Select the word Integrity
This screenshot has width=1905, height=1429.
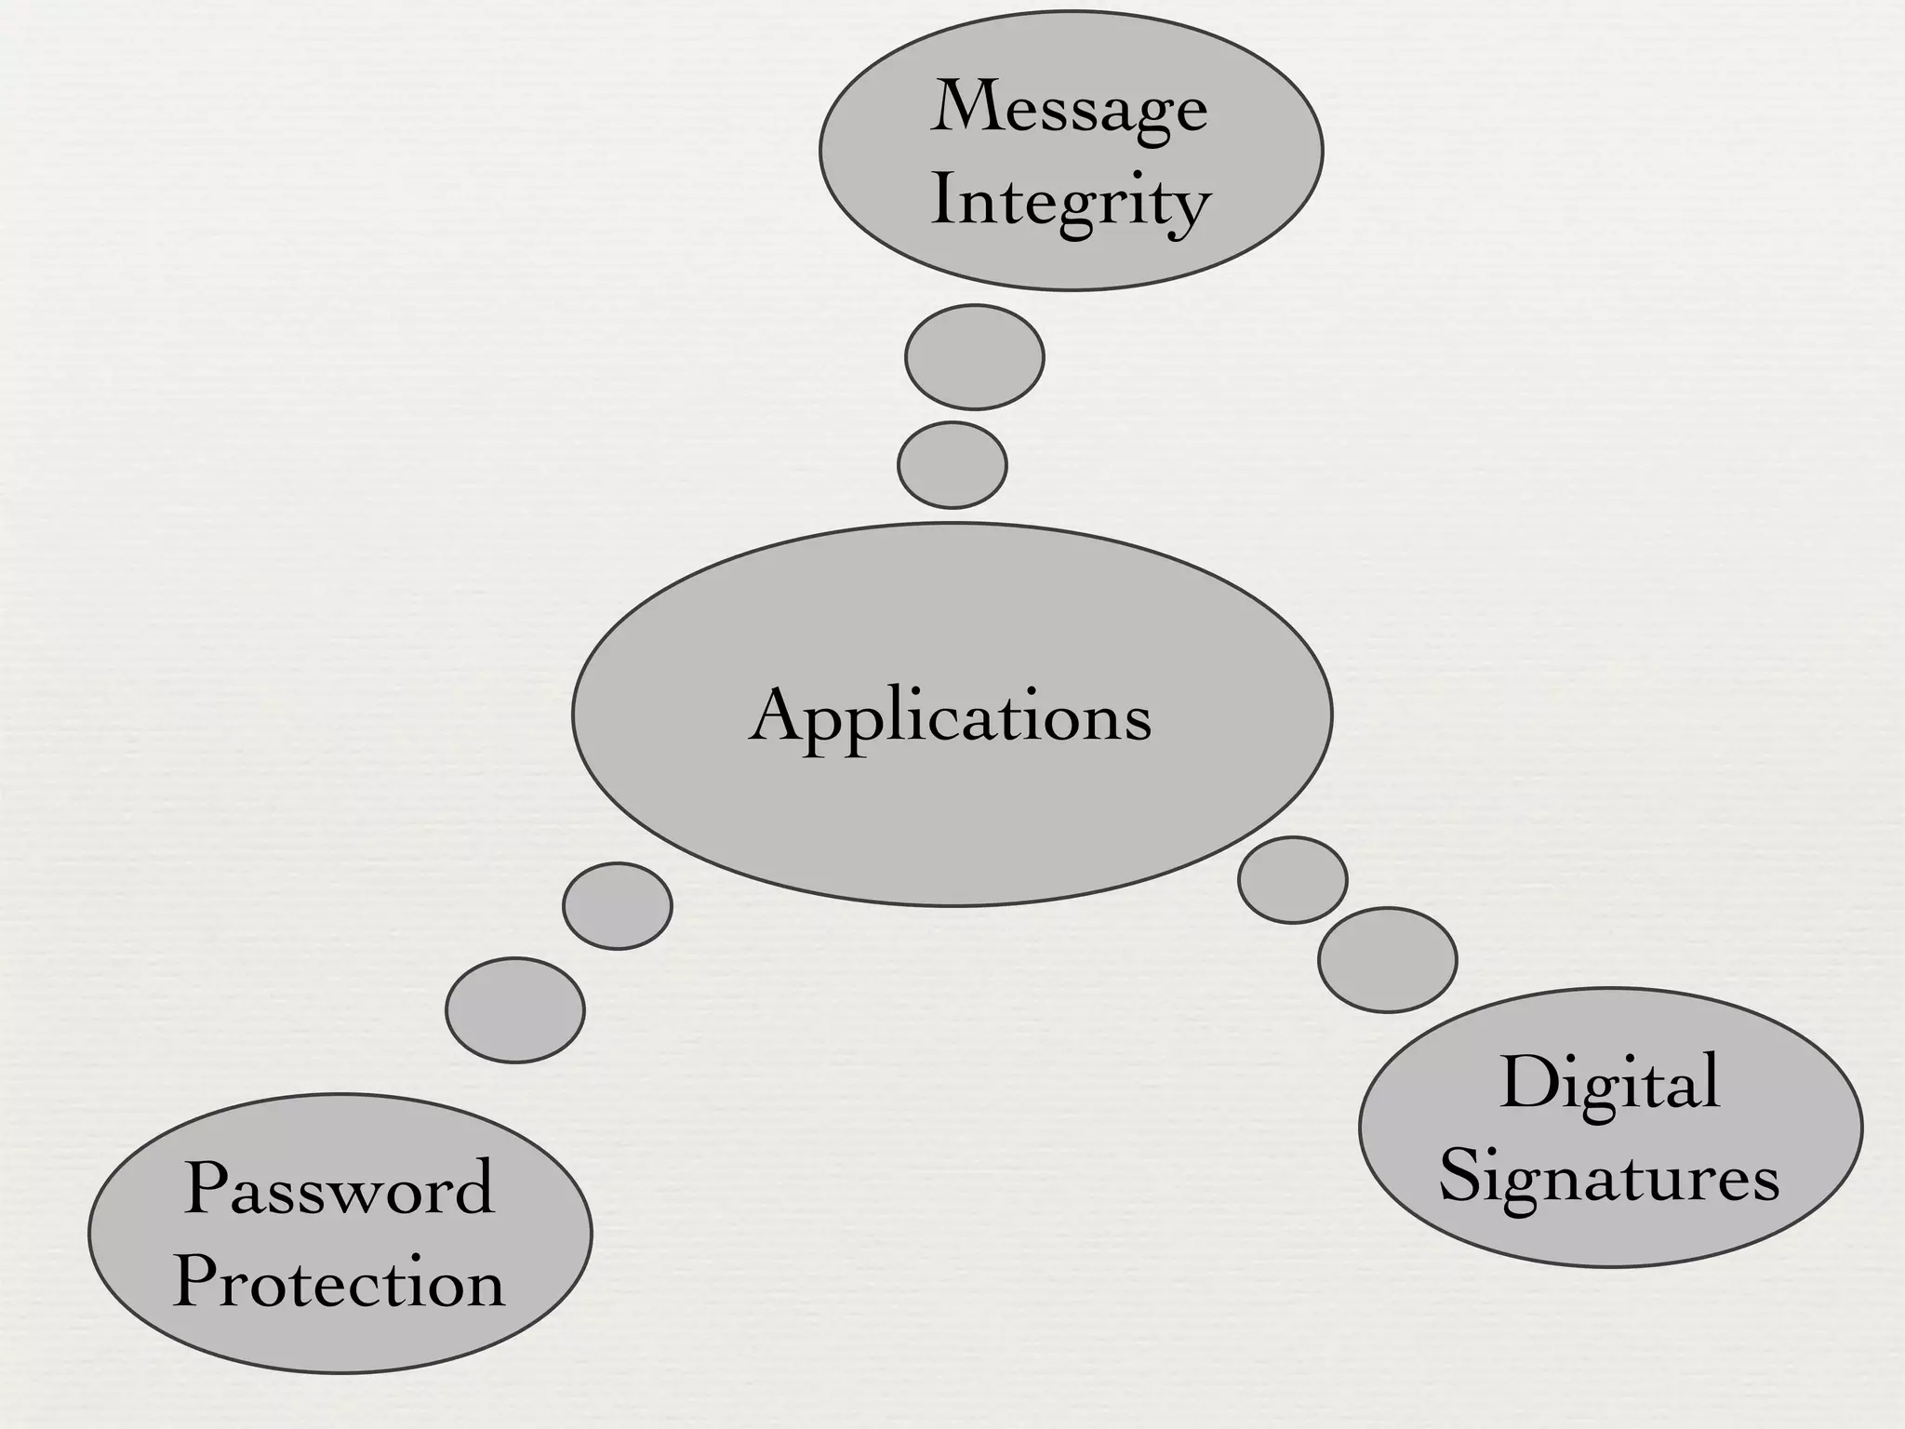(1070, 202)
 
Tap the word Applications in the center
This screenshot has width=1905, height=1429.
(951, 716)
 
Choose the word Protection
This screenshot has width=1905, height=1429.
(340, 1282)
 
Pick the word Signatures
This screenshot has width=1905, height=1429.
(1610, 1176)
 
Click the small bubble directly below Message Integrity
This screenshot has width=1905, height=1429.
(975, 357)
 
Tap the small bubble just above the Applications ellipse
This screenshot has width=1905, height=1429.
(952, 465)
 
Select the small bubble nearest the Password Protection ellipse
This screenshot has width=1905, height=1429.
(515, 1010)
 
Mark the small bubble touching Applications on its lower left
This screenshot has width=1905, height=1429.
(618, 906)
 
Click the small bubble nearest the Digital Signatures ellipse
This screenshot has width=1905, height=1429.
(1388, 960)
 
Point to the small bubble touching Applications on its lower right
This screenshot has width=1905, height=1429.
(1293, 880)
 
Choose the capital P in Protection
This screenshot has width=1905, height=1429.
(197, 1282)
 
